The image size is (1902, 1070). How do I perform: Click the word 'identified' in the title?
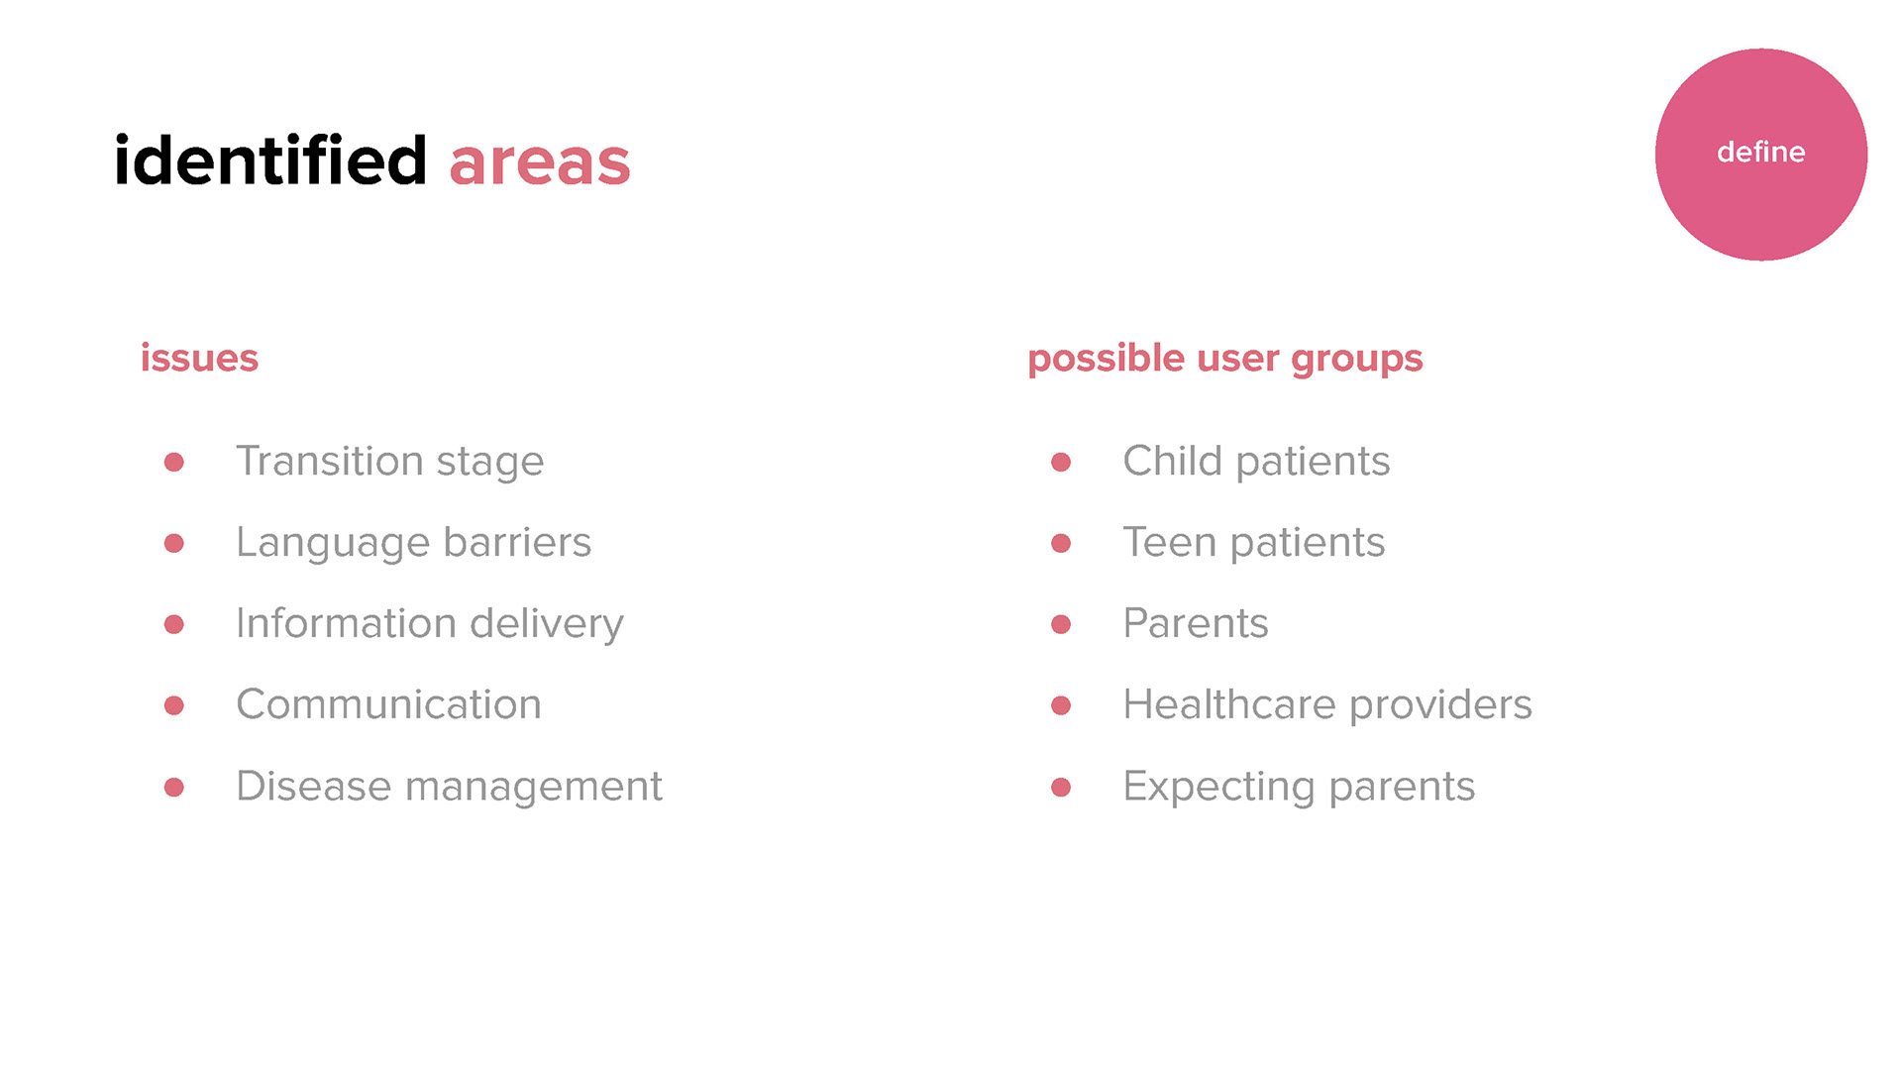pyautogui.click(x=270, y=160)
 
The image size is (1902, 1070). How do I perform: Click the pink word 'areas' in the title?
pyautogui.click(x=540, y=164)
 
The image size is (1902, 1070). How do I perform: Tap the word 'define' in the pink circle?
pyautogui.click(x=1760, y=152)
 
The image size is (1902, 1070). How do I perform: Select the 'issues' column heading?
pyautogui.click(x=199, y=359)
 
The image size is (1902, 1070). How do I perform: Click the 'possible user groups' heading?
pyautogui.click(x=1224, y=359)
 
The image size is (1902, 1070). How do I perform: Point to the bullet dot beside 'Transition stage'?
pyautogui.click(x=174, y=462)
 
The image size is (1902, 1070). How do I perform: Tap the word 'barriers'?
pyautogui.click(x=517, y=542)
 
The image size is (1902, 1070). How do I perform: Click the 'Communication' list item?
pyautogui.click(x=388, y=704)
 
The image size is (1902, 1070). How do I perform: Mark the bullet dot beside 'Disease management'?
pyautogui.click(x=174, y=787)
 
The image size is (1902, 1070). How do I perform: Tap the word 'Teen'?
pyautogui.click(x=1169, y=542)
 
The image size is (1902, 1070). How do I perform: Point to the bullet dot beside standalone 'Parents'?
pyautogui.click(x=1061, y=624)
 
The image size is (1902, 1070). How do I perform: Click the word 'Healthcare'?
pyautogui.click(x=1229, y=704)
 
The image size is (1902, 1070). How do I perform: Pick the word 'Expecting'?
pyautogui.click(x=1218, y=788)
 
